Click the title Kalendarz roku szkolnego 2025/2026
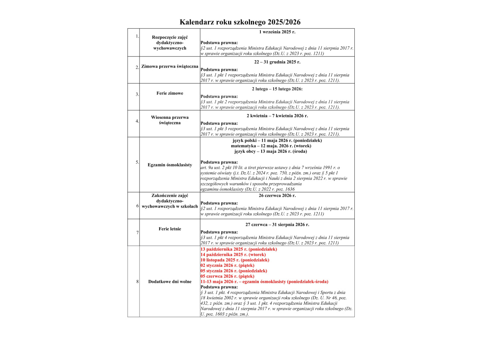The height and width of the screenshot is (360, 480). [x=240, y=22]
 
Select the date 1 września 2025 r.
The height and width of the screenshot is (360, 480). [x=277, y=32]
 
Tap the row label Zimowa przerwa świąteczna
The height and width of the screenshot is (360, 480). [x=170, y=66]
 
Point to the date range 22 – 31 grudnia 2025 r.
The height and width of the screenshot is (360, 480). [x=277, y=62]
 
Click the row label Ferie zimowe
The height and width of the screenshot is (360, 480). [x=170, y=93]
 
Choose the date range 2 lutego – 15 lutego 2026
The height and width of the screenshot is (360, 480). [x=277, y=89]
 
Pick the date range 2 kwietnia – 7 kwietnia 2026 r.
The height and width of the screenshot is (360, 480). [x=277, y=116]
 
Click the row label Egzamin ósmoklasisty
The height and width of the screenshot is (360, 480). [x=170, y=165]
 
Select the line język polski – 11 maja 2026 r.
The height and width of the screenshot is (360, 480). [x=277, y=140]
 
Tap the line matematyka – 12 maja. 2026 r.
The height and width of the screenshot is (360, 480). [x=277, y=146]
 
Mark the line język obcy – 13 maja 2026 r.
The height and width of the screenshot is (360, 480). [x=277, y=151]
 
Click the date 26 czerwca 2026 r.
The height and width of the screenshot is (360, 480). [x=277, y=196]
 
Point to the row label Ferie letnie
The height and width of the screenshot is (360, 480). [x=170, y=229]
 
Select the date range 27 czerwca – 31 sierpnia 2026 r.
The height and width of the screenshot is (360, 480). [x=277, y=224]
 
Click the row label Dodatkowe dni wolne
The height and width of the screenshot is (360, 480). [x=170, y=282]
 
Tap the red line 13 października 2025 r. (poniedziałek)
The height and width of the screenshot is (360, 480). [x=238, y=249]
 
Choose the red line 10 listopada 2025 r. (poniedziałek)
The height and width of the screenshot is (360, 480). [x=235, y=260]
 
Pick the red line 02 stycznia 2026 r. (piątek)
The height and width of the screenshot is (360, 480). [x=227, y=265]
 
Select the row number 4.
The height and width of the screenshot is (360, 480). [x=137, y=121]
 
